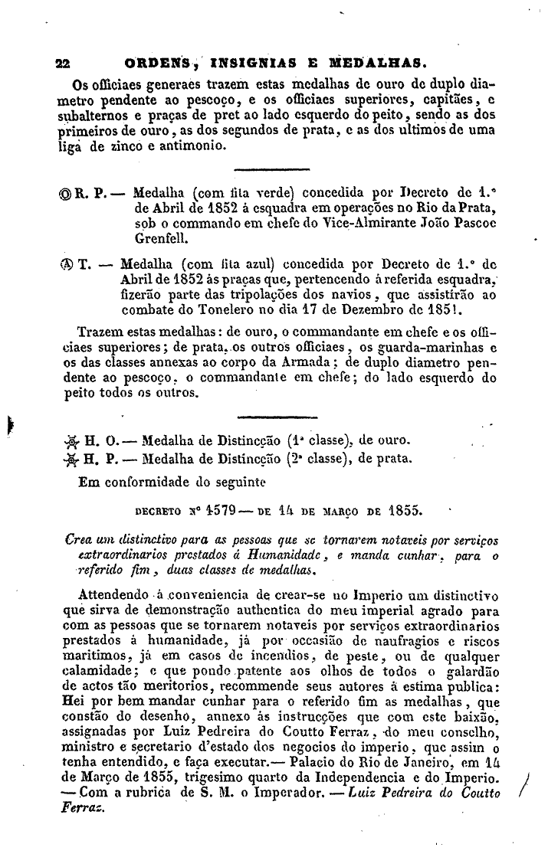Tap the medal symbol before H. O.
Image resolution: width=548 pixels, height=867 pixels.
tap(74, 441)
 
